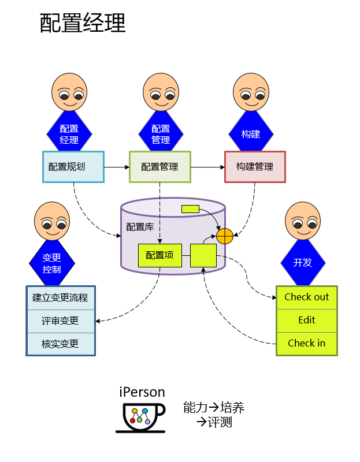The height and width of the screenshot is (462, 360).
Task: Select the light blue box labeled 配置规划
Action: point(73,167)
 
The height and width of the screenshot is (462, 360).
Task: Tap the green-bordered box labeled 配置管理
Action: point(159,167)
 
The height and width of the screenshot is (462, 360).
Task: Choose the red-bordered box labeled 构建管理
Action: point(255,167)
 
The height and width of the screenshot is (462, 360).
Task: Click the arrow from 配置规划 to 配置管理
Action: point(116,167)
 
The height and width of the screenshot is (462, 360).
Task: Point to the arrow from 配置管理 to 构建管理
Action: point(207,167)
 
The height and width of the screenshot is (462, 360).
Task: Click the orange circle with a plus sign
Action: point(224,236)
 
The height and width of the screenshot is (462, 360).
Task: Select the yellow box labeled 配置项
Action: point(159,255)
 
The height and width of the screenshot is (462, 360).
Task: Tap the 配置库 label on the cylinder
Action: point(140,227)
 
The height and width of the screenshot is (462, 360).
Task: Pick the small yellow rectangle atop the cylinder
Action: point(190,208)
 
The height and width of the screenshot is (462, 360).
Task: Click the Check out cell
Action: point(306,297)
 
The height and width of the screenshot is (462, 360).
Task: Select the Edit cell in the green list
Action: point(306,321)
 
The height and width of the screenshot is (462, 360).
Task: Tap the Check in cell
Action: point(306,343)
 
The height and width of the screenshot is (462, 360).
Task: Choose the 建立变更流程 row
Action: point(60,298)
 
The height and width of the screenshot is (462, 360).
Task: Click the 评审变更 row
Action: point(60,321)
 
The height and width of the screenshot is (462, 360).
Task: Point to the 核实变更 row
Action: point(60,344)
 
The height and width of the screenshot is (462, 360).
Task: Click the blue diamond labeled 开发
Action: point(302,263)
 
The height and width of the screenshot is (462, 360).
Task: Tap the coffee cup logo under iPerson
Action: point(141,416)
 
